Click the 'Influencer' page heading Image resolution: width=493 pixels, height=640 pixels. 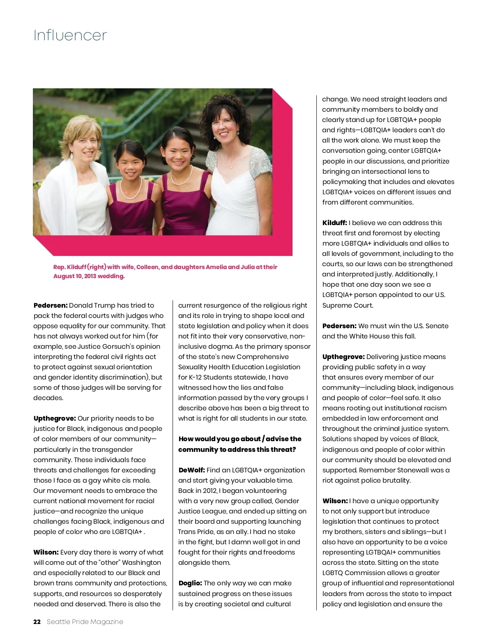70,35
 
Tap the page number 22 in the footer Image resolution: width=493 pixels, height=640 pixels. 37,622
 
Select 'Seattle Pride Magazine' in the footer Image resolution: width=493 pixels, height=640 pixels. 85,622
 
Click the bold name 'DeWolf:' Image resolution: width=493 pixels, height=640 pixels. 191,470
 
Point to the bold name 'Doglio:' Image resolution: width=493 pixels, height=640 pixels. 190,583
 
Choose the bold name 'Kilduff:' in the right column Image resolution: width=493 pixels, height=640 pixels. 334,223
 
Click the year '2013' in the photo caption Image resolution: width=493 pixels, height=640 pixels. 90,276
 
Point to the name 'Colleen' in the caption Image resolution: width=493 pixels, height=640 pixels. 147,267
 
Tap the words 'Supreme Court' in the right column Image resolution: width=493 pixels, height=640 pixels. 348,305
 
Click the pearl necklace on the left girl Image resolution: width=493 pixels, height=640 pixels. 130,193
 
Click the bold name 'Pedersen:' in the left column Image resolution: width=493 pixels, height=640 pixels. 51,305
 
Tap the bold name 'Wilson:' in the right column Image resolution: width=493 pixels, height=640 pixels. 335,501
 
